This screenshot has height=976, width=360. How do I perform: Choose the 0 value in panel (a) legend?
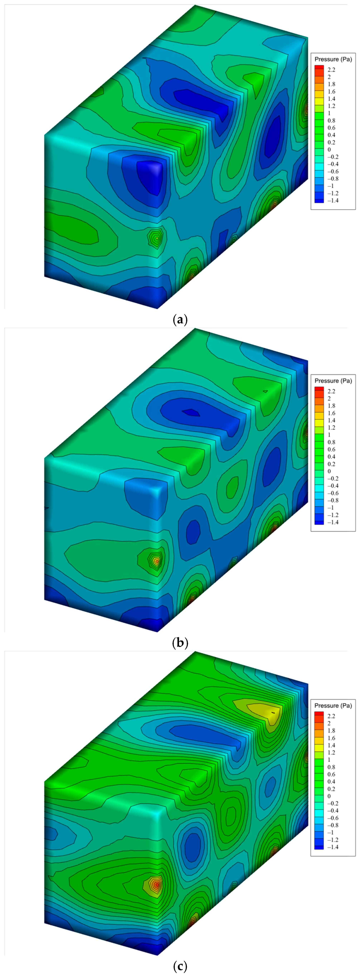[x=329, y=150]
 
